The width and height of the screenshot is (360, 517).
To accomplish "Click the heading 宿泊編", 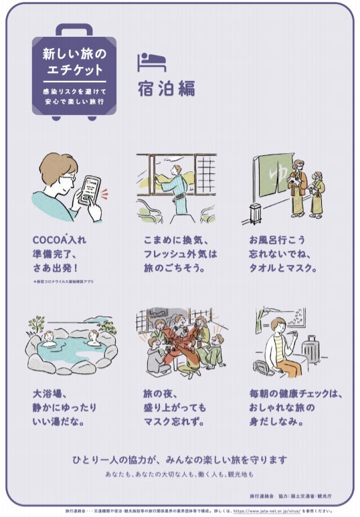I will coord(166,89).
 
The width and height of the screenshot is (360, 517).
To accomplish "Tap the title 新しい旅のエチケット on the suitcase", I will coord(74,60).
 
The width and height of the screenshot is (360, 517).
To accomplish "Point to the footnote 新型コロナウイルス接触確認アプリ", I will coord(63,282).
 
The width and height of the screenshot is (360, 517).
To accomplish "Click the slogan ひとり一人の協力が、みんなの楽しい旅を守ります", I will coord(179,459).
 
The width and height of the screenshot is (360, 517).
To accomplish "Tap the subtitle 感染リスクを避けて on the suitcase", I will coord(74,90).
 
